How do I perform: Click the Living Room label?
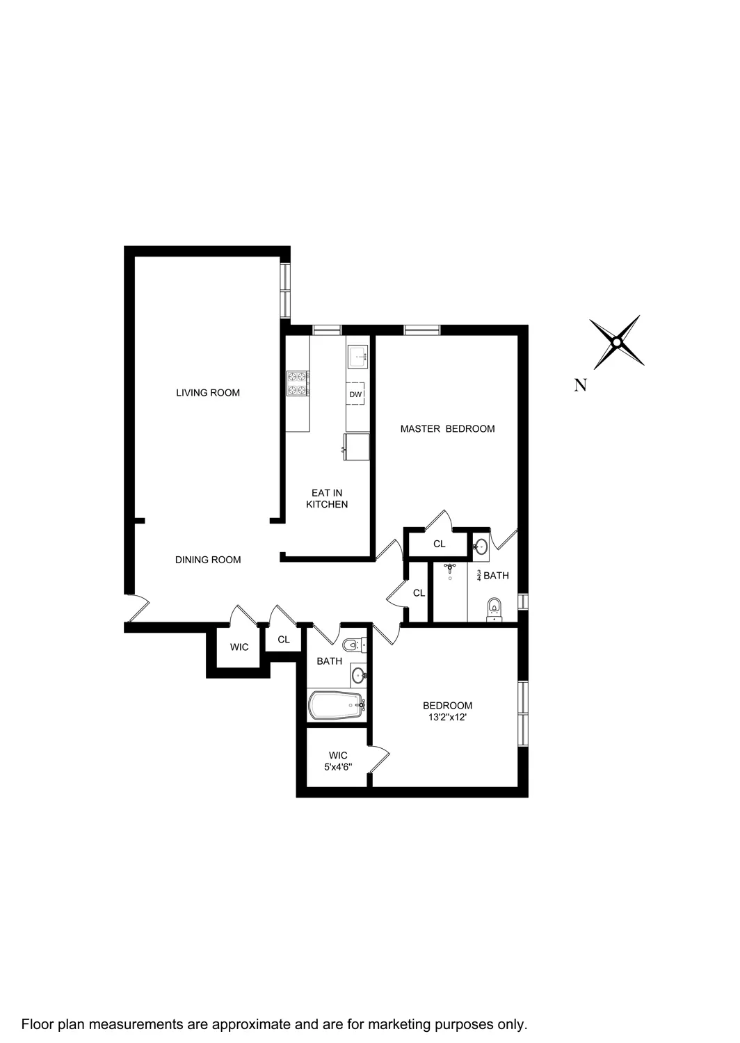[x=207, y=393]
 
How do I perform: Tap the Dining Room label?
[x=208, y=560]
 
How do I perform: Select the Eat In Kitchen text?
[x=327, y=499]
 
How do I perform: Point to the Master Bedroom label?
[x=447, y=429]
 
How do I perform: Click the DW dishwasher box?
[x=356, y=395]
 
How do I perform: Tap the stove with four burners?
[x=298, y=383]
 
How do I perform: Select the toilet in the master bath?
[x=494, y=608]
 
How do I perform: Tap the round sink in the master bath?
[x=481, y=547]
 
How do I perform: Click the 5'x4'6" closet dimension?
[x=338, y=768]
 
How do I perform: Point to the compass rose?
[x=616, y=342]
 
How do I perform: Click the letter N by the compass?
[x=580, y=385]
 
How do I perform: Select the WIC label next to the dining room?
[x=239, y=647]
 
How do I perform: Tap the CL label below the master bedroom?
[x=439, y=544]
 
